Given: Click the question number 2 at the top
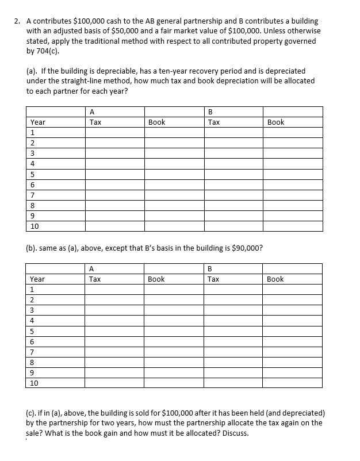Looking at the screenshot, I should pyautogui.click(x=17, y=21).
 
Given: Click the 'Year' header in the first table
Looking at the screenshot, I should pyautogui.click(x=38, y=122).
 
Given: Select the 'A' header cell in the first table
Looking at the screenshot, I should pyautogui.click(x=92, y=112).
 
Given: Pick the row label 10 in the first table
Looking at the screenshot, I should pyautogui.click(x=35, y=226).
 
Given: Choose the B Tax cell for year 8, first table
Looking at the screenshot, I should pyautogui.click(x=233, y=205).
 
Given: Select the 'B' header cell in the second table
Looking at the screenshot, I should pyautogui.click(x=210, y=268).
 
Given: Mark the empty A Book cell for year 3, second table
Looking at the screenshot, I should pyautogui.click(x=174, y=310).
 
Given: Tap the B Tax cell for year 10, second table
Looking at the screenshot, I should pyautogui.click(x=233, y=382).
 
